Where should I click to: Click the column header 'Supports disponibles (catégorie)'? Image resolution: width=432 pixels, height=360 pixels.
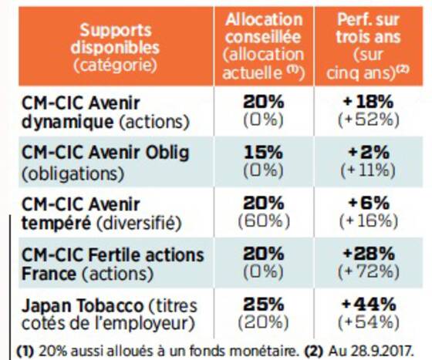[x=115, y=47]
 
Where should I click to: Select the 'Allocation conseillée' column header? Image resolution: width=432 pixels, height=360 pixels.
[x=264, y=29]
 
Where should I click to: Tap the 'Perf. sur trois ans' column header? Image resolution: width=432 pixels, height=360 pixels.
[x=368, y=29]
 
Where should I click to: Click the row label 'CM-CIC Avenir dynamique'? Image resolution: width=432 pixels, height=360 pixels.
[x=81, y=113]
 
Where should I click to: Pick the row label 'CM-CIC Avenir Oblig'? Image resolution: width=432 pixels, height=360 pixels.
[x=106, y=153]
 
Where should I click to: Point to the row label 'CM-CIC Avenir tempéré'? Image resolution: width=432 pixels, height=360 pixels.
[x=81, y=214]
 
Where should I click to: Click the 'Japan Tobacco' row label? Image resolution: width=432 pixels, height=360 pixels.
[x=83, y=305]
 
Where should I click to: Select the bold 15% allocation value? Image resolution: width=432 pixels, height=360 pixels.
[x=263, y=153]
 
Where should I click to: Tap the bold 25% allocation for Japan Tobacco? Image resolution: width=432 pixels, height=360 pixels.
[x=263, y=304]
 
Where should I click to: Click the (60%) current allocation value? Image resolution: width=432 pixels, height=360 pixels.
[x=264, y=221]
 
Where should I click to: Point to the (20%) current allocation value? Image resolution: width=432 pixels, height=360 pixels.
[x=263, y=322]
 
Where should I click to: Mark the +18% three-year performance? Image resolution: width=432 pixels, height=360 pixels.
[x=369, y=102]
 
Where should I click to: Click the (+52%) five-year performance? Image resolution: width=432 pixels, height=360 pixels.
[x=369, y=120]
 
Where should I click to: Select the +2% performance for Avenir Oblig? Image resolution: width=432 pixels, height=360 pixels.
[x=369, y=153]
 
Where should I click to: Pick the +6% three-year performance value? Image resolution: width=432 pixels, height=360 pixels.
[x=369, y=203]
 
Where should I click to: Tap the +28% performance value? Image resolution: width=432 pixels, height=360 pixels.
[x=369, y=254]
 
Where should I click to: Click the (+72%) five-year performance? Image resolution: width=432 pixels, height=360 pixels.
[x=369, y=272]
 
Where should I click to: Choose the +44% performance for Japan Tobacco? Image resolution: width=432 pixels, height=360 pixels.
[x=369, y=304]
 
